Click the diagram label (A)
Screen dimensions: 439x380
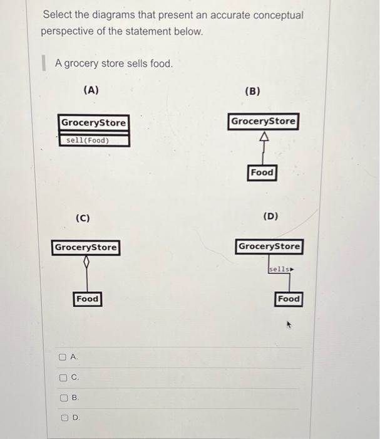91,90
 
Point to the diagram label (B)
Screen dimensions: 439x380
252,91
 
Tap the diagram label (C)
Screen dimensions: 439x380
82,218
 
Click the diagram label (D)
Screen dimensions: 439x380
270,216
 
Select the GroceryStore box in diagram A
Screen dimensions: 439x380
93,123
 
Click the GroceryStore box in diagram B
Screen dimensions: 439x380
263,121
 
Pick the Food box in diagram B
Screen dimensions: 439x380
262,172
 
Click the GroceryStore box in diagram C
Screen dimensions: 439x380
86,247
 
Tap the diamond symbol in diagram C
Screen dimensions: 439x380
86,262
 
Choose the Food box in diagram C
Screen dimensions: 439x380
87,299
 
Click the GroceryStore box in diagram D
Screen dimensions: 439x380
269,246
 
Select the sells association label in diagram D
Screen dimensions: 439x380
280,269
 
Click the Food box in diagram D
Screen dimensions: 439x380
288,299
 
